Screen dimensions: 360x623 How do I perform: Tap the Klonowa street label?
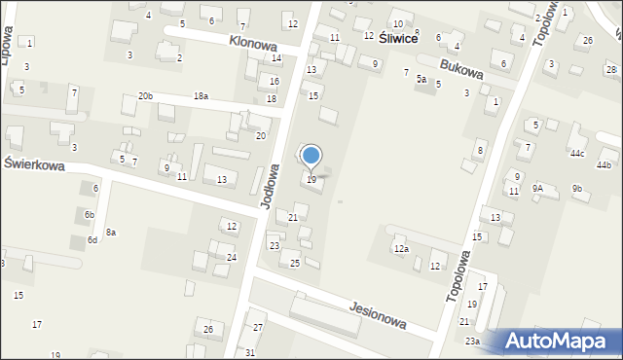pos(253,44)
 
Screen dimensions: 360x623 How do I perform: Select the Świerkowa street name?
pos(34,165)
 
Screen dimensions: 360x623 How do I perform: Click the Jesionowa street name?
pos(377,314)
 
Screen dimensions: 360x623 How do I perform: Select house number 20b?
pos(145,96)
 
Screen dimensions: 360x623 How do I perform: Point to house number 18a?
pos(201,96)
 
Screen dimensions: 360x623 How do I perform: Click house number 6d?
pos(92,239)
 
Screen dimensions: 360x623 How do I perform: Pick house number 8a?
pos(111,232)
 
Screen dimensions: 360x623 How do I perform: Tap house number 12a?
pos(401,250)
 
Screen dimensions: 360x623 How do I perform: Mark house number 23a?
pos(472,341)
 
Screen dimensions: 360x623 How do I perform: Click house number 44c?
pos(577,154)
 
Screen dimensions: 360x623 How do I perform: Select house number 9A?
pos(537,189)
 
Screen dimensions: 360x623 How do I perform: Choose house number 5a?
pos(421,79)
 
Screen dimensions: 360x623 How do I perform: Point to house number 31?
pos(250,352)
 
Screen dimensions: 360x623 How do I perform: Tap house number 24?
pos(232,257)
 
